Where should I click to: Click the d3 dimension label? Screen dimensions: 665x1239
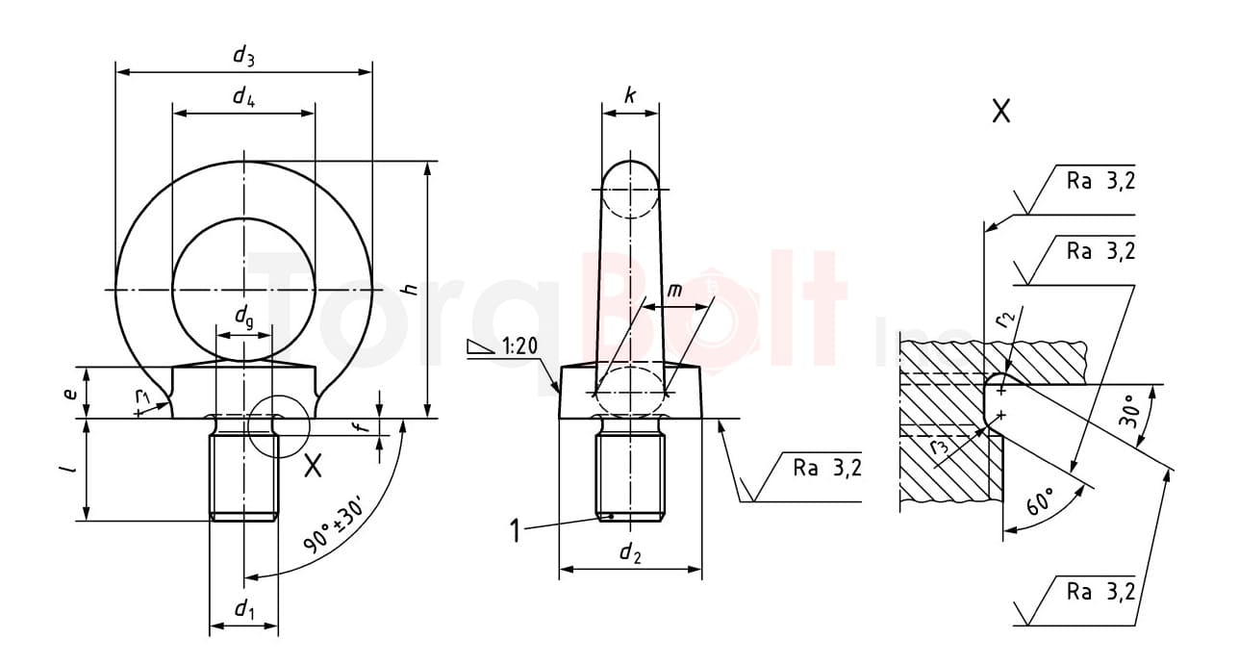pyautogui.click(x=243, y=56)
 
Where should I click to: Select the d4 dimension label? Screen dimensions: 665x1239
pyautogui.click(x=243, y=96)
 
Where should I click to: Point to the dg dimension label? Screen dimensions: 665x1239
pyautogui.click(x=245, y=315)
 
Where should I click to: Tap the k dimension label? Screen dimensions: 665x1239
pyautogui.click(x=630, y=95)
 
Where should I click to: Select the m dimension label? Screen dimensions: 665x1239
pyautogui.click(x=676, y=291)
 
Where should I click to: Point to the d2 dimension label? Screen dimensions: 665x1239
pyautogui.click(x=630, y=551)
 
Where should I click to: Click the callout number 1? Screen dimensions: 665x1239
pyautogui.click(x=516, y=530)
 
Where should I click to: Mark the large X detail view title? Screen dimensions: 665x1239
pyautogui.click(x=1001, y=112)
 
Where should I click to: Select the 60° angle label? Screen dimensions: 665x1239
pyautogui.click(x=1041, y=501)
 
